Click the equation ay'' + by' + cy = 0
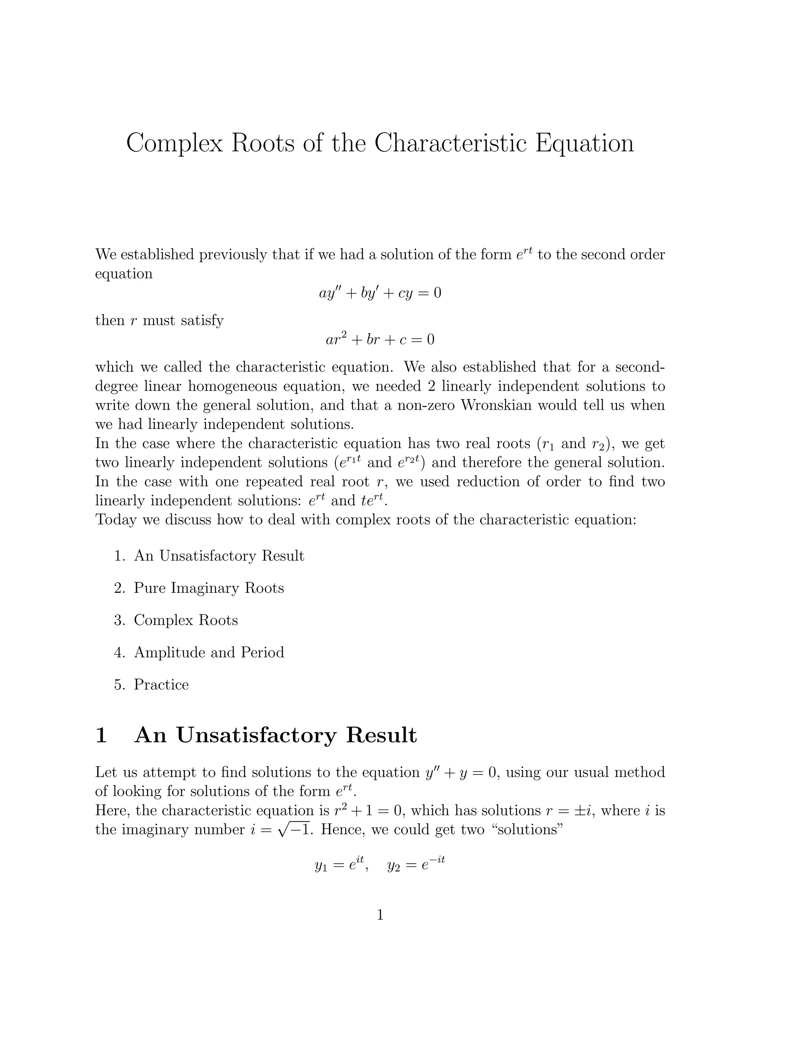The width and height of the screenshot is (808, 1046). tap(380, 292)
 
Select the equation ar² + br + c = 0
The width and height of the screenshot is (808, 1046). tap(380, 339)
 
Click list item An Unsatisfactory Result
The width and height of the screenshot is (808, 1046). tap(219, 556)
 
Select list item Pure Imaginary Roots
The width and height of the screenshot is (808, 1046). tap(209, 588)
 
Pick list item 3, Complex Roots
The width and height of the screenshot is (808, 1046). tap(186, 620)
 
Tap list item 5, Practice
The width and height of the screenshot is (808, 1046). tap(161, 684)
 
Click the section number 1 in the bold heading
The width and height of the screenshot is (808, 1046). tap(101, 735)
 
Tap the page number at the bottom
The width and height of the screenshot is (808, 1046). tap(380, 915)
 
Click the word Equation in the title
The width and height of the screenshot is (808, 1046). tap(584, 143)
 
